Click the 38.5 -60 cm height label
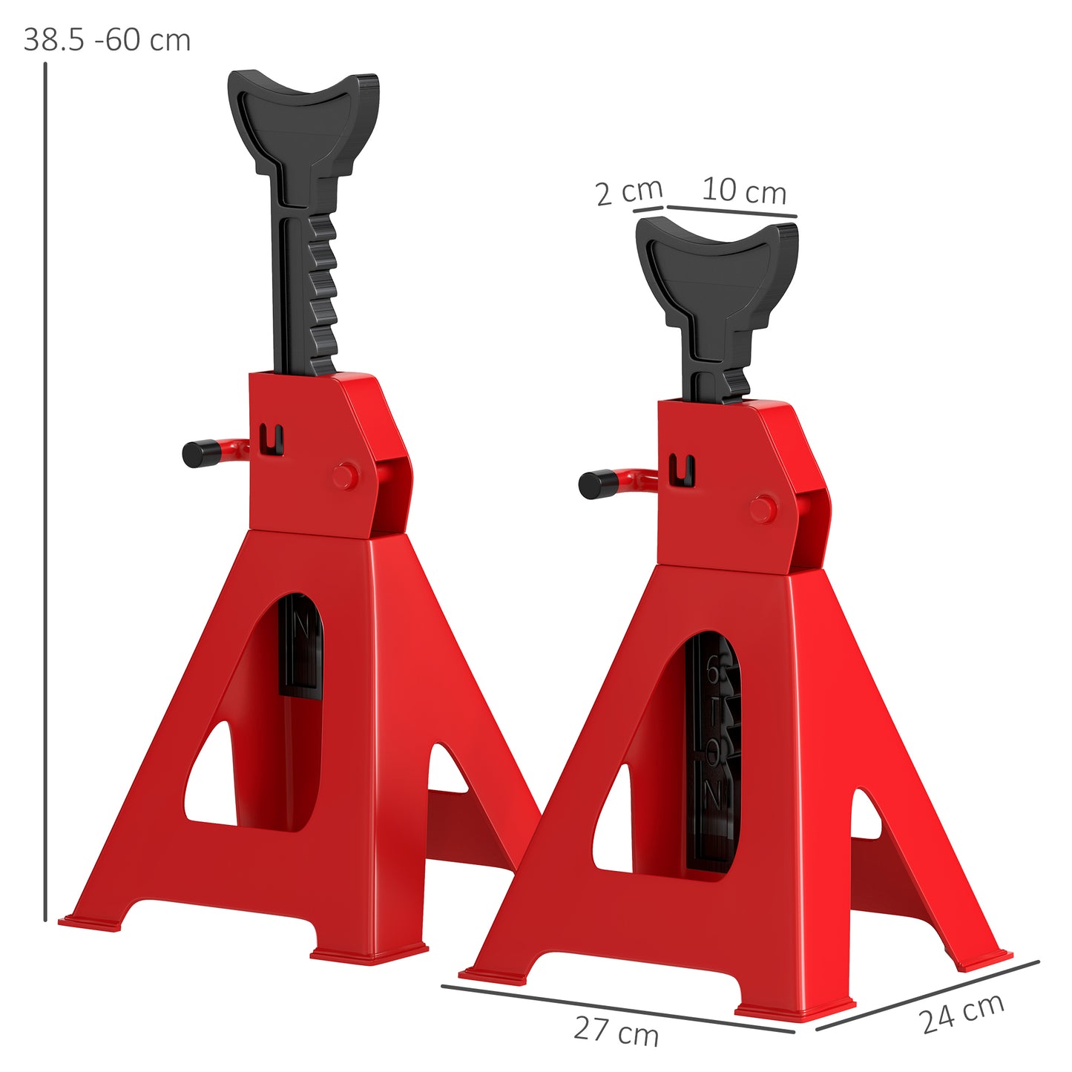[x=107, y=40]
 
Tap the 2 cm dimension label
[x=628, y=192]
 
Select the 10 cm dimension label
[x=743, y=191]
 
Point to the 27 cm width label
[x=616, y=1031]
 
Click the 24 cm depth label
[x=962, y=1013]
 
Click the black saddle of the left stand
[x=304, y=119]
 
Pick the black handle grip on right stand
[x=597, y=484]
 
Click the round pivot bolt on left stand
[x=345, y=476]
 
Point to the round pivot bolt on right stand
[x=762, y=510]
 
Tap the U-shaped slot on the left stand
[x=272, y=441]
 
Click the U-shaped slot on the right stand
[x=682, y=471]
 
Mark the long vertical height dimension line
[x=45, y=490]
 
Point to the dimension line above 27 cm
[x=616, y=1008]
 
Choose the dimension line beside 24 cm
[x=927, y=995]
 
